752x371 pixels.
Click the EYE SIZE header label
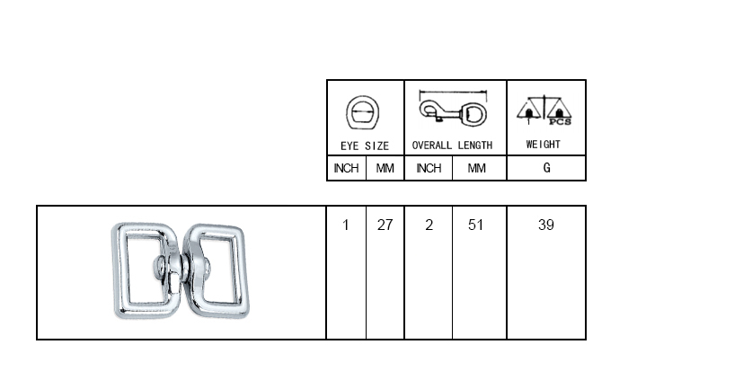pyautogui.click(x=365, y=146)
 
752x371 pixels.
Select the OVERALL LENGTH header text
pyautogui.click(x=452, y=146)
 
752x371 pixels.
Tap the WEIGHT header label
pyautogui.click(x=543, y=145)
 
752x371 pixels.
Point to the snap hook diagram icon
pyautogui.click(x=453, y=113)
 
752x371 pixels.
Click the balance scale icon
pyautogui.click(x=544, y=110)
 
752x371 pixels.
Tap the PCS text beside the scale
pyautogui.click(x=560, y=122)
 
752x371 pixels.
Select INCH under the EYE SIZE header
pyautogui.click(x=346, y=168)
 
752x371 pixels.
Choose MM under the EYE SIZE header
pyautogui.click(x=385, y=168)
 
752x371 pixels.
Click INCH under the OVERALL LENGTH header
pyautogui.click(x=429, y=168)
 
